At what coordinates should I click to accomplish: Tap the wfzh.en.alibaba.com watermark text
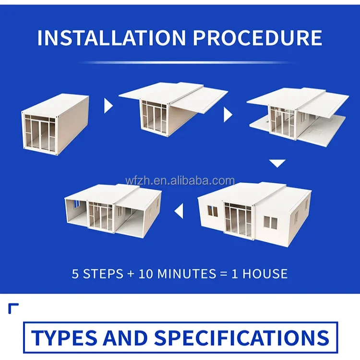tap(180, 181)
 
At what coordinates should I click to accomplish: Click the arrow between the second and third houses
tap(228, 114)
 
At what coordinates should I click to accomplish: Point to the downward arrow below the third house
tap(277, 163)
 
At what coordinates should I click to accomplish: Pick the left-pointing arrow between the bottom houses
tap(179, 210)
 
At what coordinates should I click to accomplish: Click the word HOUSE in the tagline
tap(264, 274)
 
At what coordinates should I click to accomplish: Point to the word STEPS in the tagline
tap(101, 274)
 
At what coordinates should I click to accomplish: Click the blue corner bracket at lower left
tap(13, 308)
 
